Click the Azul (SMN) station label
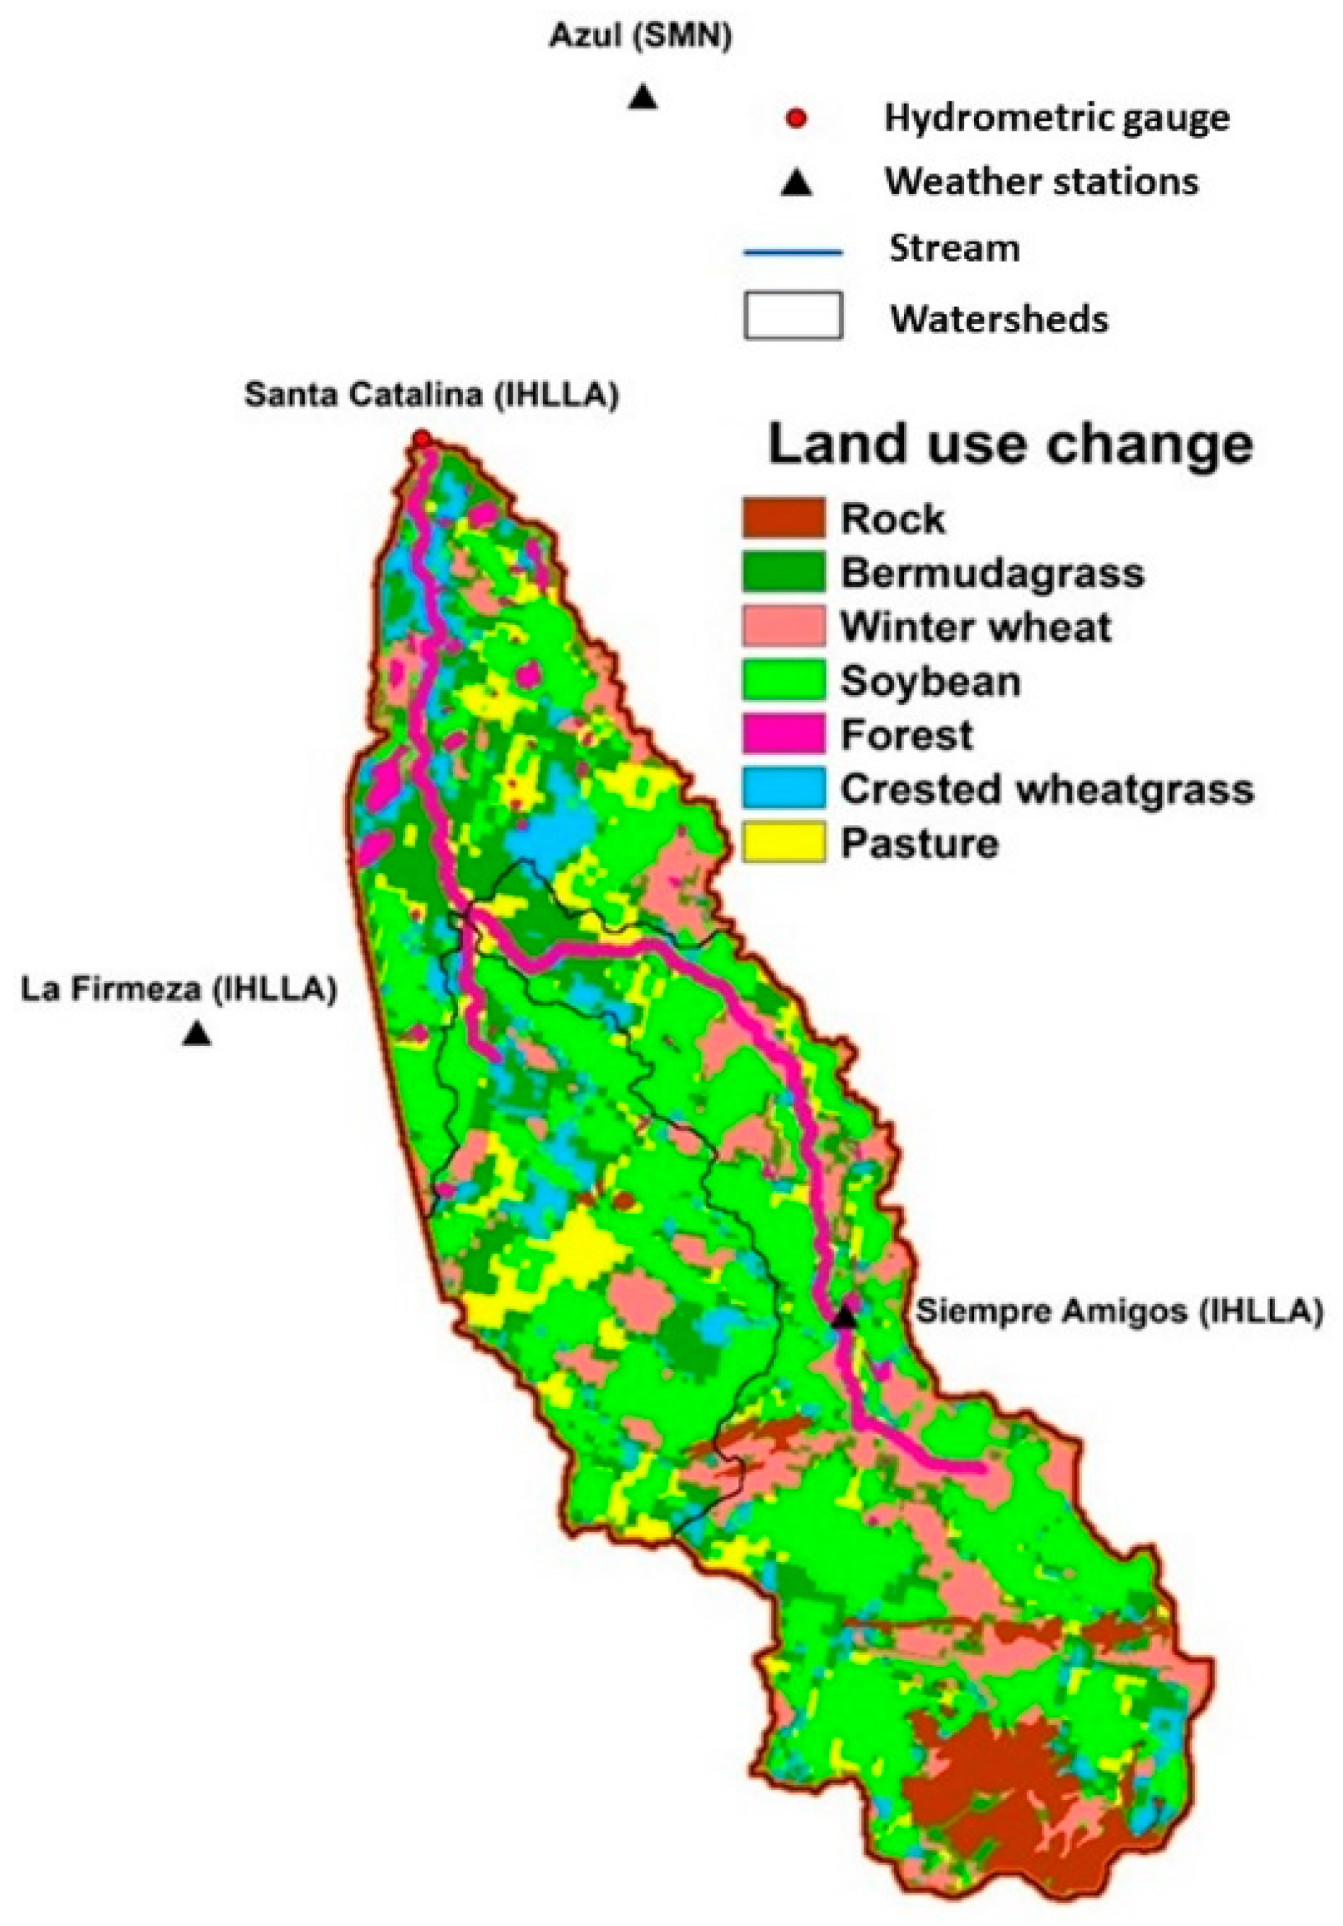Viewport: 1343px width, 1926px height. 640,37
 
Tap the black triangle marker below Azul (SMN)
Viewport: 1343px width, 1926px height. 642,96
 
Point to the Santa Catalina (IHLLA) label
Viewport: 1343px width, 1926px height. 431,395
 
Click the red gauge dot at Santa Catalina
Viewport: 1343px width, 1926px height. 422,438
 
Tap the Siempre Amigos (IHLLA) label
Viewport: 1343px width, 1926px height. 1118,1311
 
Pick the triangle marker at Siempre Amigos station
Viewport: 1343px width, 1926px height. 845,1316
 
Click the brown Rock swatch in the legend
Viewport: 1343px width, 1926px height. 783,518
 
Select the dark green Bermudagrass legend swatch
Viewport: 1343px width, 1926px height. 783,572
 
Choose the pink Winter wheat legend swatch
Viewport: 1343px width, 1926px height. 783,626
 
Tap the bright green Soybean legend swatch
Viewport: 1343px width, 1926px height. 783,681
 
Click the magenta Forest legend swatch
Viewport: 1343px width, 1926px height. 783,734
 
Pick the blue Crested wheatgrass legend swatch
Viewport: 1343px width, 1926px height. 783,788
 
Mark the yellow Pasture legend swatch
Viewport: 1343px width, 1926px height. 783,842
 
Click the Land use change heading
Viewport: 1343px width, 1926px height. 1010,445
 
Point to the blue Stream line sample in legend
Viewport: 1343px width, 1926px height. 792,251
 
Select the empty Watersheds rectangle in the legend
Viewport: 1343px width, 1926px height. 793,315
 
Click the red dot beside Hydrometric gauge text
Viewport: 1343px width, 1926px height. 796,119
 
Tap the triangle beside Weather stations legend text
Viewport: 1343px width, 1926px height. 796,183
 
